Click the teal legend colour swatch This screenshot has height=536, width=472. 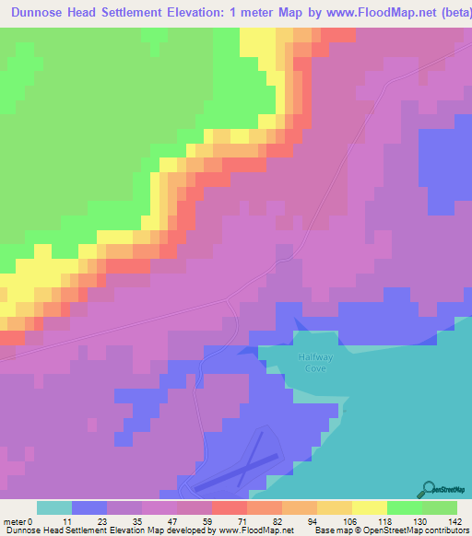pyautogui.click(x=54, y=507)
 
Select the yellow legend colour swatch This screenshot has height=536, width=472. pyautogui.click(x=369, y=507)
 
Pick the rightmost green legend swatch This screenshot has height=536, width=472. pyautogui.click(x=439, y=507)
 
